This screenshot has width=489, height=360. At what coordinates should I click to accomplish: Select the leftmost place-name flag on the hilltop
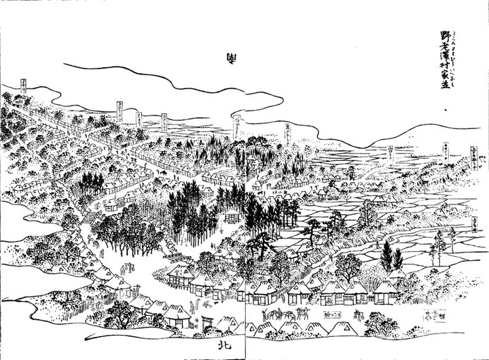coord(24,86)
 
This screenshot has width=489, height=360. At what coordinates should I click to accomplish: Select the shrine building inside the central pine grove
coord(234,217)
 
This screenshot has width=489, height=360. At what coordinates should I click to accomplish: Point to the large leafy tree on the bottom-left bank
coord(122,312)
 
